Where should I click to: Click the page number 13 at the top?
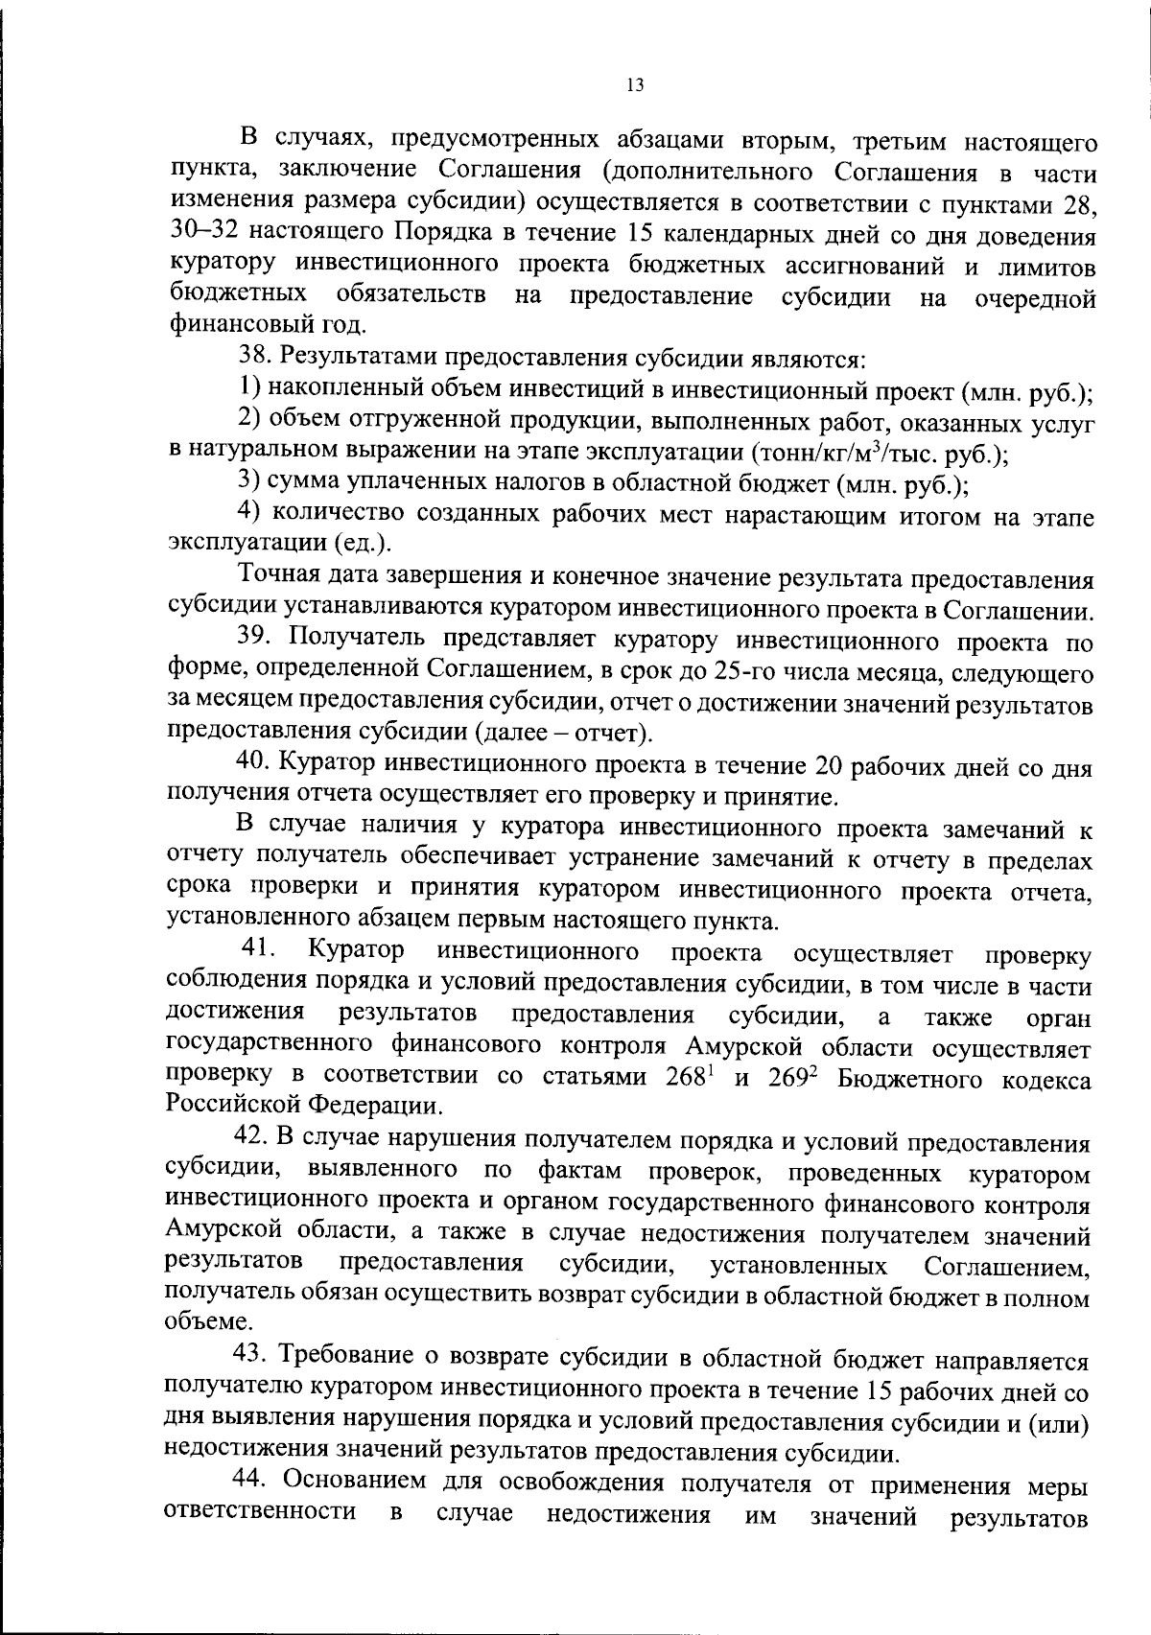click(x=634, y=85)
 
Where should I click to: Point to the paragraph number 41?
click(x=259, y=950)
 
